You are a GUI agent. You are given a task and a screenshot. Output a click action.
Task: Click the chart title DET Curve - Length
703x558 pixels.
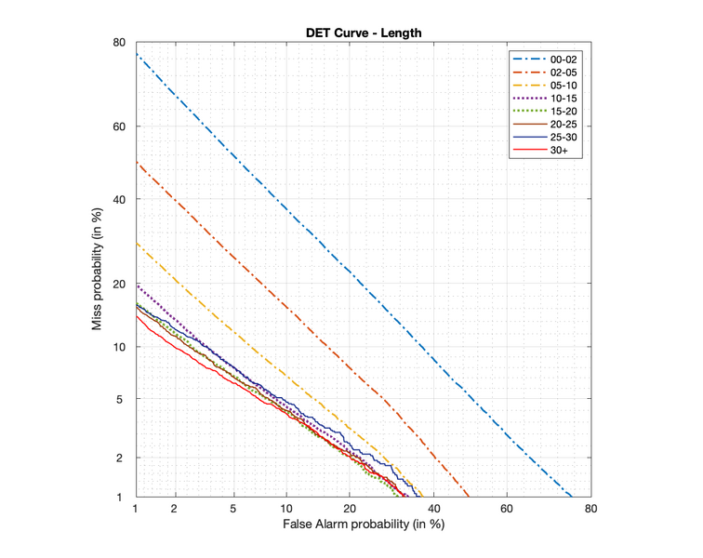pos(364,33)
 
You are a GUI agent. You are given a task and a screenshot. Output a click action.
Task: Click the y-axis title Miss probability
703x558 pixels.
pos(97,270)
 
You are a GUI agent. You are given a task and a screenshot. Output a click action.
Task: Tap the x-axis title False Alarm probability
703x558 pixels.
pos(363,525)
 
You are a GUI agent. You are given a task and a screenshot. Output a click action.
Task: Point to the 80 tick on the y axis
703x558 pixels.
pos(120,43)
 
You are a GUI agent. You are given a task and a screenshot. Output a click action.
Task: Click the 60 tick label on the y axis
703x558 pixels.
pos(120,126)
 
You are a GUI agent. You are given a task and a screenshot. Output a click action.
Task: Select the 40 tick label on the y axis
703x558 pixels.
pos(120,199)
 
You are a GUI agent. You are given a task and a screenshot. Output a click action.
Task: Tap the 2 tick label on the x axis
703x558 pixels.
pos(174,510)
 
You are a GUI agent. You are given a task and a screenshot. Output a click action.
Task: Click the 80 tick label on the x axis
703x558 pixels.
pos(590,510)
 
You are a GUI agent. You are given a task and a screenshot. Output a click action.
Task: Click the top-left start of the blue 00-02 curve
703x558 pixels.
pos(137,55)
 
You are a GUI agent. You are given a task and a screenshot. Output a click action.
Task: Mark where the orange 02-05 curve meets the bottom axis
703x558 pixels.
pos(469,497)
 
